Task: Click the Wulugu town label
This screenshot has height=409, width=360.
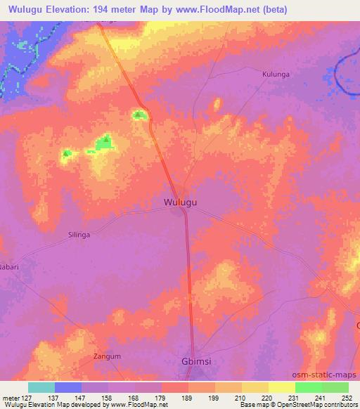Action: click(x=180, y=202)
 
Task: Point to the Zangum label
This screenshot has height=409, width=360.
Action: click(x=108, y=356)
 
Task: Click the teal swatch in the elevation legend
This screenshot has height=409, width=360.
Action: click(x=41, y=387)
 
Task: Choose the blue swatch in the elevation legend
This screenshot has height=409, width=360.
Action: click(x=68, y=387)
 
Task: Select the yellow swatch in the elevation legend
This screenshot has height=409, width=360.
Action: click(x=281, y=387)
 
